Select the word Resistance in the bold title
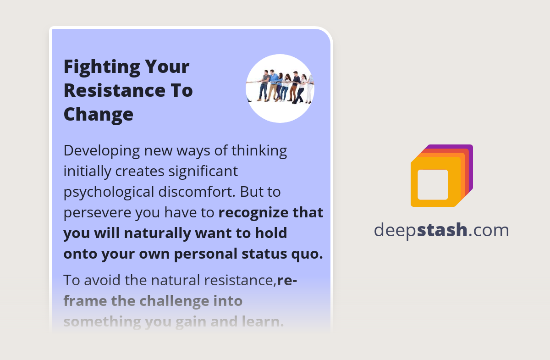click(115, 90)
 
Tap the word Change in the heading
click(98, 113)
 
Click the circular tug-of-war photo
click(280, 89)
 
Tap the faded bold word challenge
click(169, 301)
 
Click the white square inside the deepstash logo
click(433, 184)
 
